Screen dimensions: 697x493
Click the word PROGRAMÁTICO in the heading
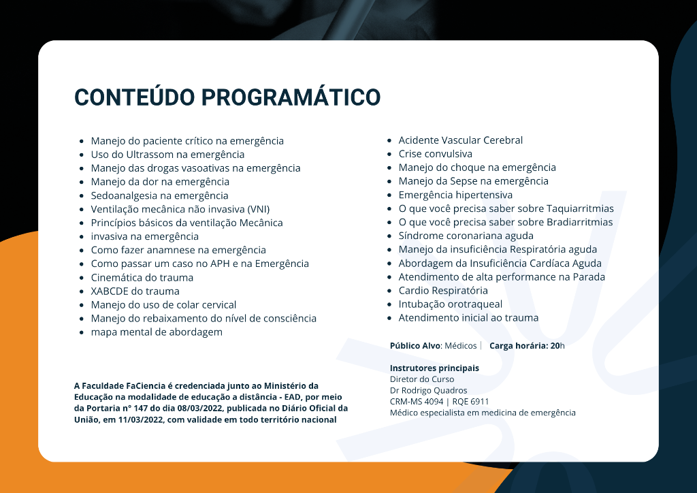(x=291, y=97)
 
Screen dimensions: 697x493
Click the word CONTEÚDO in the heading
(x=135, y=97)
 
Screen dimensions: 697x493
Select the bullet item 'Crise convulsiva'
(x=435, y=154)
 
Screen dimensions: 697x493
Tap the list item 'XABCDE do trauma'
(x=135, y=291)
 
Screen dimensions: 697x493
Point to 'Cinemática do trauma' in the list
(x=142, y=277)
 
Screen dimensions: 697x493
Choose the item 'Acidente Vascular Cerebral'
(x=461, y=140)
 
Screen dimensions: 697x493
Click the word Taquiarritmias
(x=580, y=208)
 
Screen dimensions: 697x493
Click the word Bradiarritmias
(x=580, y=222)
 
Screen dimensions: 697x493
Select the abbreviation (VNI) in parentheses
(x=259, y=209)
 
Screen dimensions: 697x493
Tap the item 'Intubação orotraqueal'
(x=451, y=304)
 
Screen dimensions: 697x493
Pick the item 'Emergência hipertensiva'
(x=455, y=195)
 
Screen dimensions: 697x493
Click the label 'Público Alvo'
(x=416, y=346)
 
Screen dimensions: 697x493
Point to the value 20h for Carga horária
(x=557, y=346)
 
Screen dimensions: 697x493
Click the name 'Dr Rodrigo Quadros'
(x=429, y=390)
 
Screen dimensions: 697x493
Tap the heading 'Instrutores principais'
(x=434, y=368)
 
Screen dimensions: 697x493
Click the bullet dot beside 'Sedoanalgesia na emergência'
(x=82, y=196)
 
